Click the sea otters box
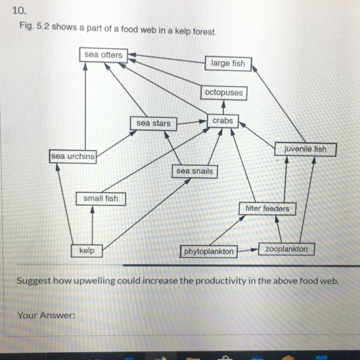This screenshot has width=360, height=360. [x=103, y=55]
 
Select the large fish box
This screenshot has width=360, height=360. [x=228, y=63]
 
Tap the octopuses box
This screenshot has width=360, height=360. [x=224, y=93]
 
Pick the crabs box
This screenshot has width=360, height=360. [x=222, y=121]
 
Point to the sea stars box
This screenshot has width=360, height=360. [x=153, y=123]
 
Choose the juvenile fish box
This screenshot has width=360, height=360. [x=305, y=149]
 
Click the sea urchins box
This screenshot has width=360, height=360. [x=73, y=156]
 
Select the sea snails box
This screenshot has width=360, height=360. [x=194, y=171]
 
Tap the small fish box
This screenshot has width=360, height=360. [x=101, y=198]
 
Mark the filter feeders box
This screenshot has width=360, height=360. [x=267, y=209]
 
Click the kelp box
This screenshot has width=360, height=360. [x=86, y=251]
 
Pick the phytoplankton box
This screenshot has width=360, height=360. [x=209, y=252]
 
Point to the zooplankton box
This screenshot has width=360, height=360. [x=287, y=249]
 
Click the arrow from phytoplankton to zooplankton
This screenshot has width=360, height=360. [x=248, y=250]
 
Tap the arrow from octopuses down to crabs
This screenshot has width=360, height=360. [x=223, y=107]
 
